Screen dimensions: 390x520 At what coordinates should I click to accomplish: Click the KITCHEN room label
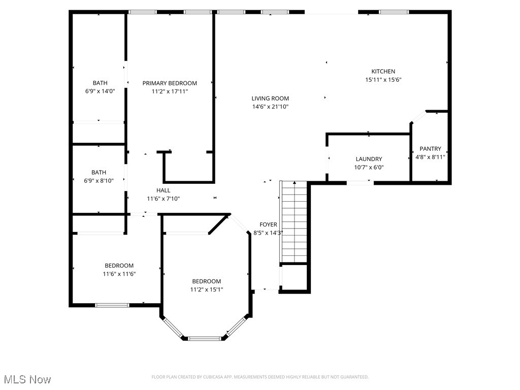[x=383, y=72]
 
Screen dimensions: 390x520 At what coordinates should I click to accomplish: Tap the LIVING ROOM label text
[x=270, y=99]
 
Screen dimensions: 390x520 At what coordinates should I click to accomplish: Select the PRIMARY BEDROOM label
[x=170, y=83]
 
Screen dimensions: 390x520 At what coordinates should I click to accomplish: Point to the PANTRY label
[x=430, y=149]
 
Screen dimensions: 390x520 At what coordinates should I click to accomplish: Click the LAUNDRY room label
[x=369, y=159]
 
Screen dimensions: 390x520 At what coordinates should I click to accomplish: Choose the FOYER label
[x=268, y=224]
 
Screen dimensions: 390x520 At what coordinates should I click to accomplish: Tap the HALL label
[x=163, y=190]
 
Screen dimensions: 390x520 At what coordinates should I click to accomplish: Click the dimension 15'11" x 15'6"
[x=383, y=80]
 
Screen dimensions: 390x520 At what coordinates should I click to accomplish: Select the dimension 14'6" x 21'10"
[x=270, y=107]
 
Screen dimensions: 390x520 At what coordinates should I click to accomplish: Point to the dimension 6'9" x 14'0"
[x=100, y=91]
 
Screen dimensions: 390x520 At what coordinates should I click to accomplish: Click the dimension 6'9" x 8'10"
[x=99, y=181]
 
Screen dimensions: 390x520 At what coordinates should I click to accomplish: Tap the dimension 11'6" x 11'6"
[x=119, y=274]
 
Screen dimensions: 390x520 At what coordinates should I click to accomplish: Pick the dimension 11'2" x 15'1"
[x=206, y=289]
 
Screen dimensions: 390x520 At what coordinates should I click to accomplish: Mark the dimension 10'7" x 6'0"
[x=369, y=167]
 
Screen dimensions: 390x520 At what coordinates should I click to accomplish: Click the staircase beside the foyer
[x=295, y=221]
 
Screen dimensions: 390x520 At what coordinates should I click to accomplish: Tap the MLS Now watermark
[x=27, y=379]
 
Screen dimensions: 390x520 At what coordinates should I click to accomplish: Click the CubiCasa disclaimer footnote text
[x=260, y=377]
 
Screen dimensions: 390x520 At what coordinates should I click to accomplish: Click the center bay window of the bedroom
[x=205, y=338]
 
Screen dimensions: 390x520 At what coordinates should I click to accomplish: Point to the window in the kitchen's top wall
[x=394, y=12]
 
